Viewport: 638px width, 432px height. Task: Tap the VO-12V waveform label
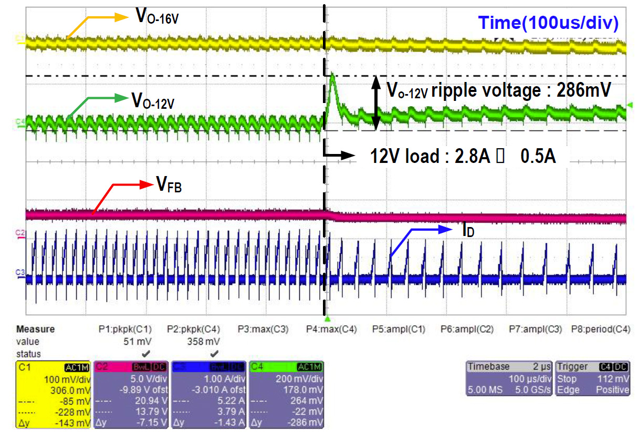click(153, 99)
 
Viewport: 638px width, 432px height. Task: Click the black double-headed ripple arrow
click(376, 103)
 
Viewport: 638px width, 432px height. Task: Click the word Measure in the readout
click(36, 330)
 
